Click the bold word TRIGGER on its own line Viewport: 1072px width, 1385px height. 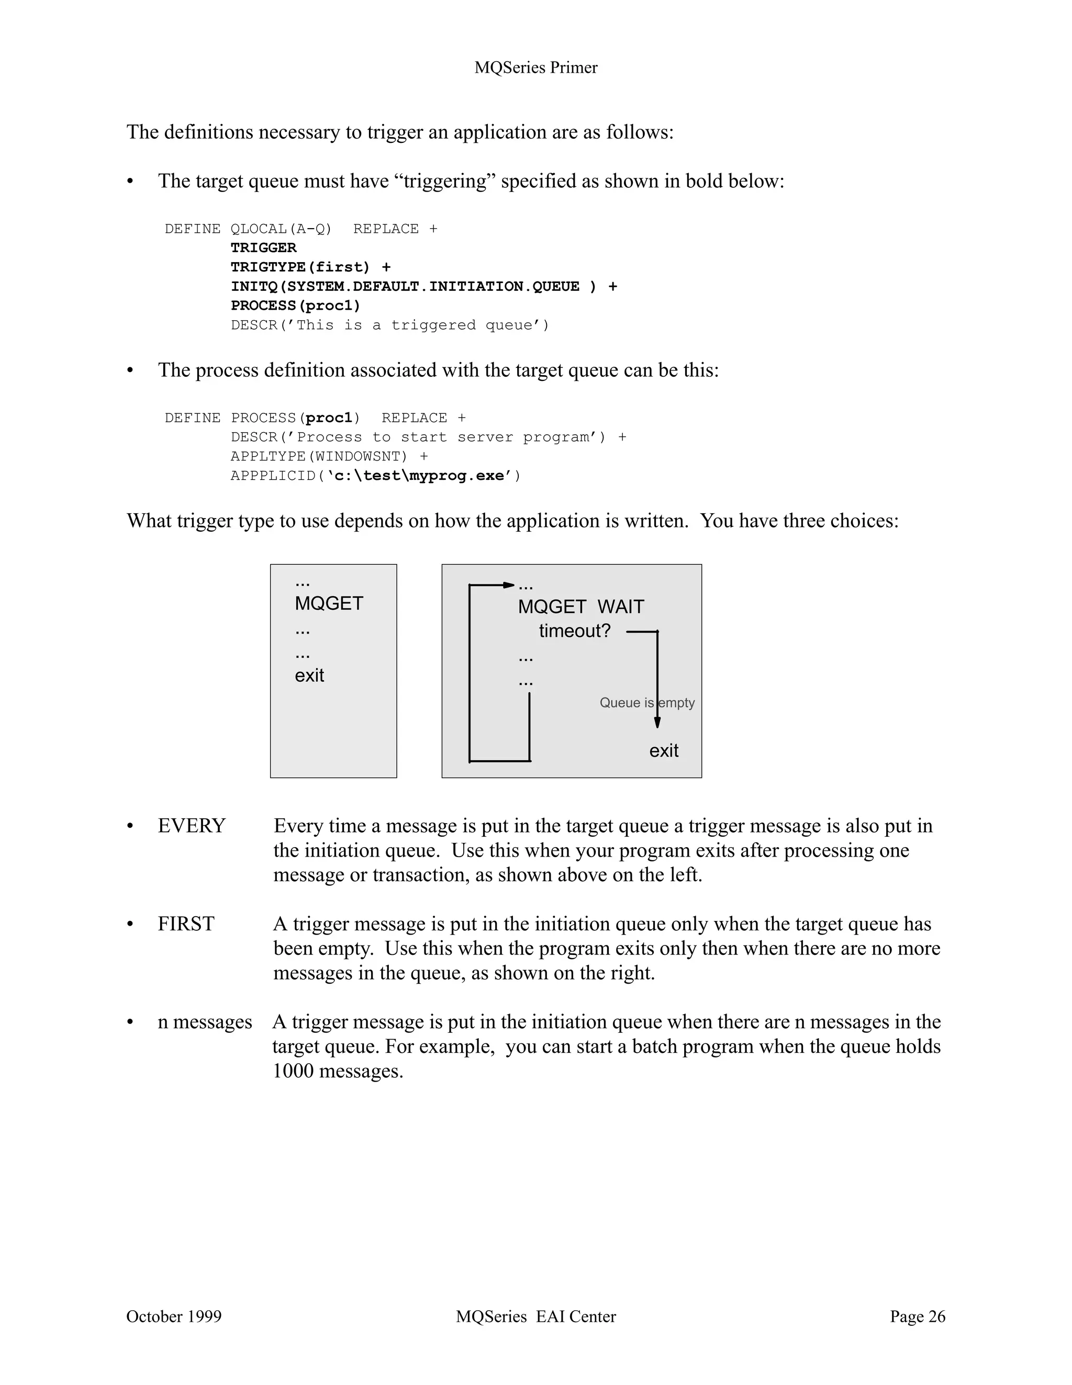(x=263, y=248)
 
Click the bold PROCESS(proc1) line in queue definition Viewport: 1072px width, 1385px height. (x=295, y=306)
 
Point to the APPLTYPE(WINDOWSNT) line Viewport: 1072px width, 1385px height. (x=329, y=457)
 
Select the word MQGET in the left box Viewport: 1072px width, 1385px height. (x=329, y=603)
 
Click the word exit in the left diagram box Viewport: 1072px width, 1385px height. (x=309, y=675)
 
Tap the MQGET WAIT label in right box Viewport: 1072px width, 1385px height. (x=580, y=607)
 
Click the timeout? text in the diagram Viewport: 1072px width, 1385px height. (x=574, y=631)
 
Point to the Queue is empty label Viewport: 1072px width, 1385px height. (x=646, y=703)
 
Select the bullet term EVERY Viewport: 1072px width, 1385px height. (x=192, y=826)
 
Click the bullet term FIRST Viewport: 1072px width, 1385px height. (x=186, y=924)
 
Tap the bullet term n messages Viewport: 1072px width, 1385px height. (x=204, y=1022)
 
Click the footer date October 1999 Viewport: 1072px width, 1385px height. (x=174, y=1316)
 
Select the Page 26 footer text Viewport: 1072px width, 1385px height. (x=917, y=1316)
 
